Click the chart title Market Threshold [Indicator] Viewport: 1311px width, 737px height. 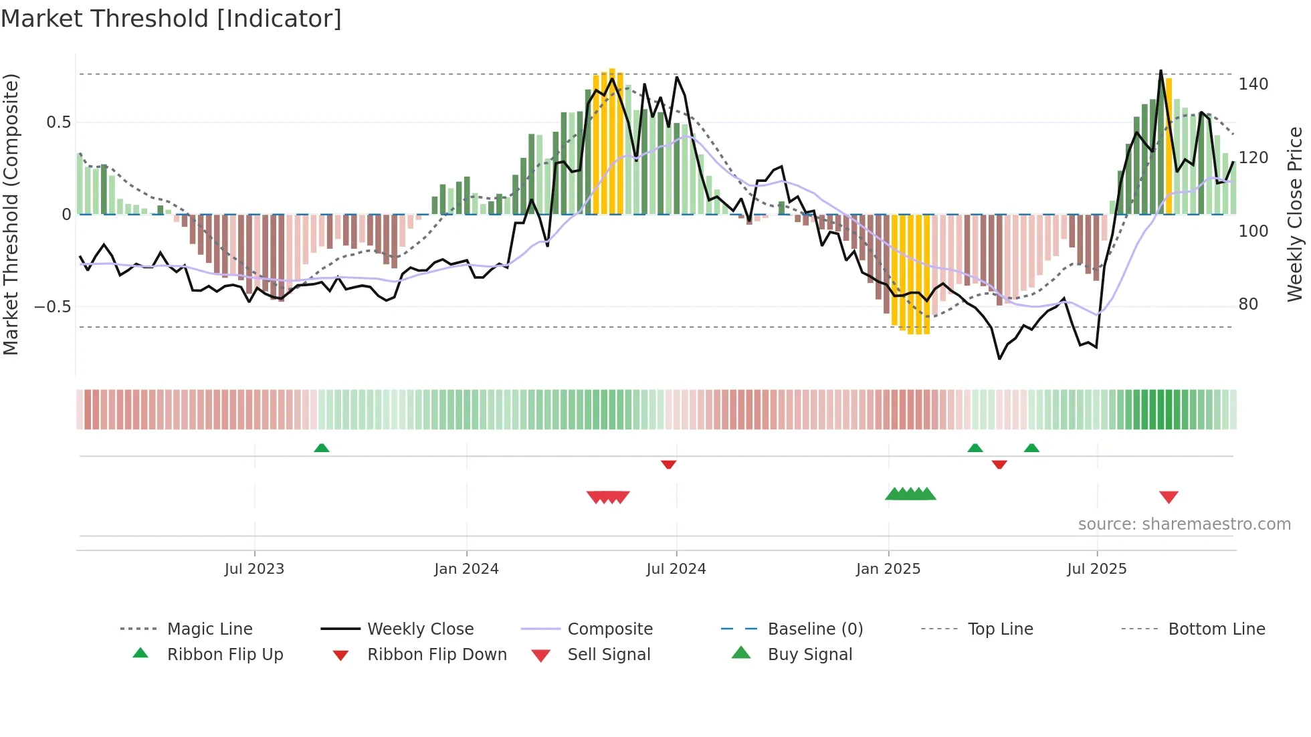[171, 19]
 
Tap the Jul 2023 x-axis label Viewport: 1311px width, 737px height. [254, 569]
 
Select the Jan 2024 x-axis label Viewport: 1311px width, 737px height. [466, 569]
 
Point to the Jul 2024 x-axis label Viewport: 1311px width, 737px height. [676, 569]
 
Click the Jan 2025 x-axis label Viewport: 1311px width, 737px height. [888, 569]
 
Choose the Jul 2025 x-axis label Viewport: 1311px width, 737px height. [1096, 569]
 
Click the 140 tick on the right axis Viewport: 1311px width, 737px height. [1253, 84]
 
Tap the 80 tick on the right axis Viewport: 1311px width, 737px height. [1248, 304]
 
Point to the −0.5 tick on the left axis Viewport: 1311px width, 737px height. [52, 307]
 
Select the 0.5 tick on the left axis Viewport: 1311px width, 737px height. [58, 122]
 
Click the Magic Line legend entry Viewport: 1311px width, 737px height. [209, 629]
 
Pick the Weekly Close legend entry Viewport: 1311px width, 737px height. [420, 629]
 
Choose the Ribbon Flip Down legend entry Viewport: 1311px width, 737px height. [437, 655]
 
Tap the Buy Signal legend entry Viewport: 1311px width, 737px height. [809, 655]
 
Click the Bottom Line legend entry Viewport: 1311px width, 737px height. [1216, 629]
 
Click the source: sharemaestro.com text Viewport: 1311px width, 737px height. [1184, 524]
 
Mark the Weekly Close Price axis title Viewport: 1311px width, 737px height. [1295, 214]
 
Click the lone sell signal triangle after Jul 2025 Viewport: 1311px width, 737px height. [1169, 497]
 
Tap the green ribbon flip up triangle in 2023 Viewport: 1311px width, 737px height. [322, 447]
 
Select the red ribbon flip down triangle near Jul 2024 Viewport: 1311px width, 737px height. [668, 464]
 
